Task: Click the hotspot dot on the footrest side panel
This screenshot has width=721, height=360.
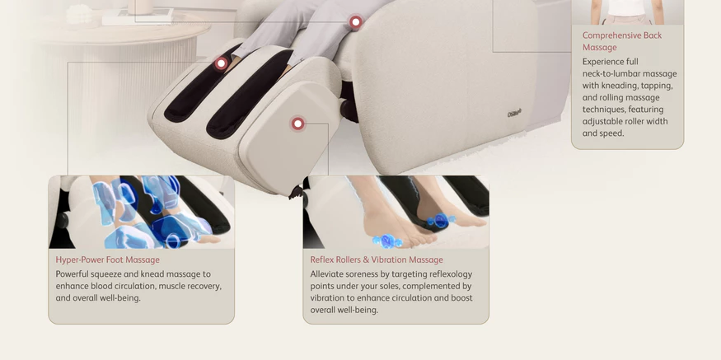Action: (x=298, y=124)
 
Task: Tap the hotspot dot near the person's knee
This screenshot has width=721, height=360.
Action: (x=355, y=21)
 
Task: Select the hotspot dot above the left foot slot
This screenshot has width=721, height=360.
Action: (x=221, y=63)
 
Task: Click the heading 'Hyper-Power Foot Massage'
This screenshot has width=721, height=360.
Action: (x=108, y=259)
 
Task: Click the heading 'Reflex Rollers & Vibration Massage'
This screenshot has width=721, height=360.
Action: (x=377, y=259)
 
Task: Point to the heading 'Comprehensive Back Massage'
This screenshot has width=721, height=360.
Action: (x=622, y=41)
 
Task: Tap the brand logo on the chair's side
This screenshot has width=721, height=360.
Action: (x=514, y=114)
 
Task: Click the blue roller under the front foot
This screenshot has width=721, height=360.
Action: (x=386, y=241)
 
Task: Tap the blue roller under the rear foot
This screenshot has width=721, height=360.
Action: (x=441, y=221)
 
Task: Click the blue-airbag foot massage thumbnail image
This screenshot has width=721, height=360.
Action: (x=141, y=212)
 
